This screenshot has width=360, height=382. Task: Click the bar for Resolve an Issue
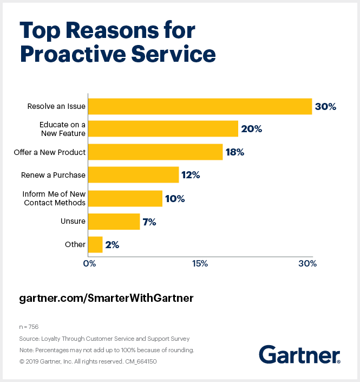point(200,106)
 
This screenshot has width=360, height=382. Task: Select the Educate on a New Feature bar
point(163,129)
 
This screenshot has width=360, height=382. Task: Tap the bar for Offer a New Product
point(155,152)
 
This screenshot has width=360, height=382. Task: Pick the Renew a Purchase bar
point(133,175)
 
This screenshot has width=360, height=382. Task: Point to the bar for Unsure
point(114,221)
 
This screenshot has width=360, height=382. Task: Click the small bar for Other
point(95,244)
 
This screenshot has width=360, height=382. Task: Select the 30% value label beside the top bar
point(325,107)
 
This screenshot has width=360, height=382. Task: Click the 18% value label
point(234,152)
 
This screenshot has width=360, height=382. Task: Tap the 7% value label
point(149,222)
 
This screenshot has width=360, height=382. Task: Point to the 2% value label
point(112,244)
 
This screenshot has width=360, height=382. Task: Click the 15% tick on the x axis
point(200,264)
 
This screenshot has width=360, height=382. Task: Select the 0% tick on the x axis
point(89,264)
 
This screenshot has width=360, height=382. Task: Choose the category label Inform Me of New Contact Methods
point(54,198)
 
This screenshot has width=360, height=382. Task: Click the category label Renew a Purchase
point(53,175)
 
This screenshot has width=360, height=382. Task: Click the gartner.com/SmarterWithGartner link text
point(106,298)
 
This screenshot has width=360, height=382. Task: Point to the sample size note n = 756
point(29,327)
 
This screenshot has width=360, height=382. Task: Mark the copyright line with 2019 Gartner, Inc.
point(88,361)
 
